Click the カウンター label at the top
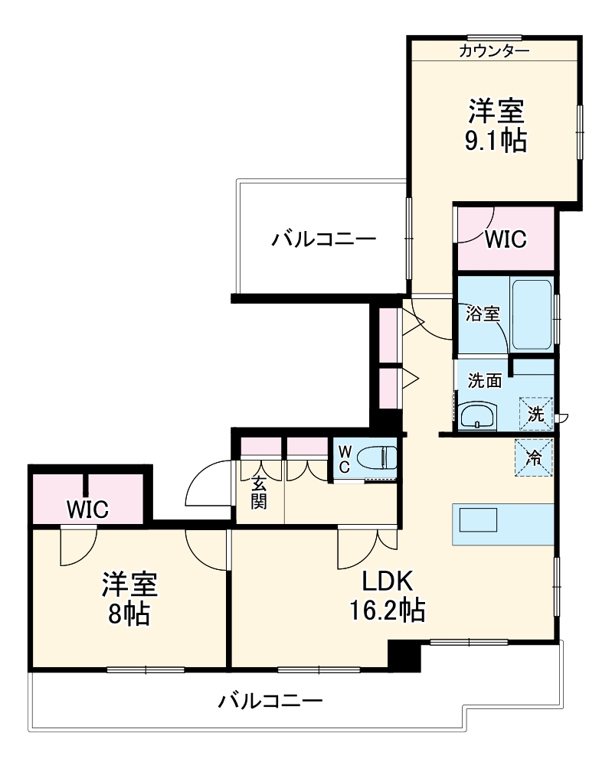(494, 51)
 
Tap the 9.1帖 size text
(496, 141)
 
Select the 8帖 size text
(129, 613)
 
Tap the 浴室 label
(483, 314)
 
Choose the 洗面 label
(485, 379)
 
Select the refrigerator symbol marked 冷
(533, 457)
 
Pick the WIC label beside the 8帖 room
(87, 508)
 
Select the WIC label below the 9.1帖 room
(506, 239)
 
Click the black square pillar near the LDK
(404, 655)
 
